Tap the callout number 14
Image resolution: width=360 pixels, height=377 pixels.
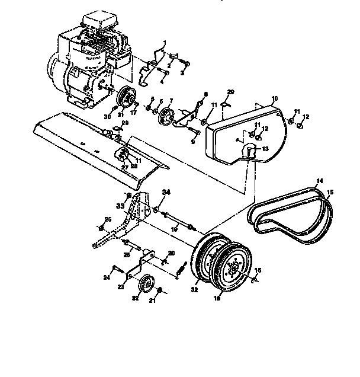tap(319, 180)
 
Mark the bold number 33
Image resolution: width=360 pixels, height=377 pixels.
tap(120, 205)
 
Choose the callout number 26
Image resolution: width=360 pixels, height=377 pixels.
tap(108, 219)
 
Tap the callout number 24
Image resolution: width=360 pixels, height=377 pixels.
tap(107, 276)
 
